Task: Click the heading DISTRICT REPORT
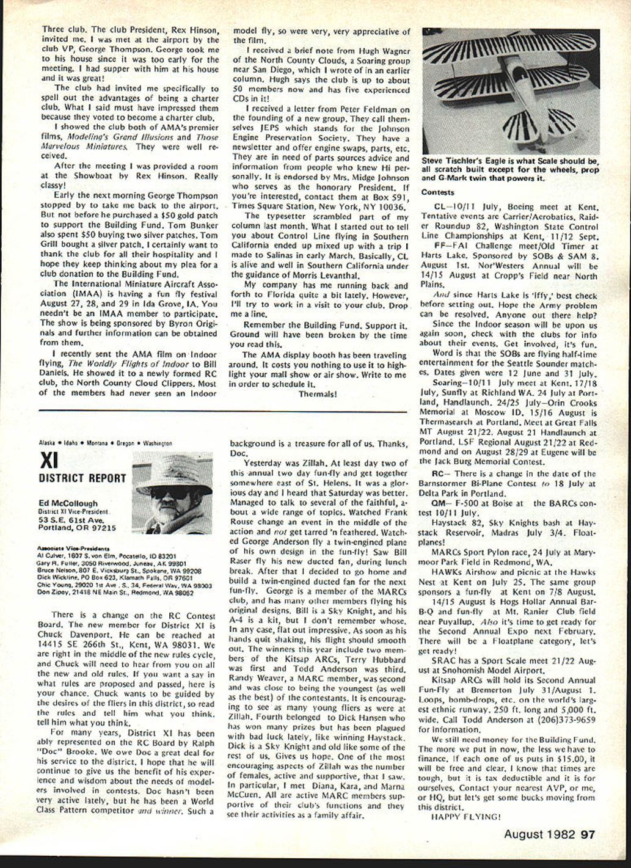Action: pyautogui.click(x=82, y=478)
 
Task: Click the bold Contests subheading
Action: pyautogui.click(x=438, y=192)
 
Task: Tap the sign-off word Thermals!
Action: pyautogui.click(x=317, y=394)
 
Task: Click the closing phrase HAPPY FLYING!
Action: pyautogui.click(x=465, y=816)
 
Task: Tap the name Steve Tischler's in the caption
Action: pyautogui.click(x=451, y=161)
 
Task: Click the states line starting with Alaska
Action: pyautogui.click(x=105, y=443)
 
